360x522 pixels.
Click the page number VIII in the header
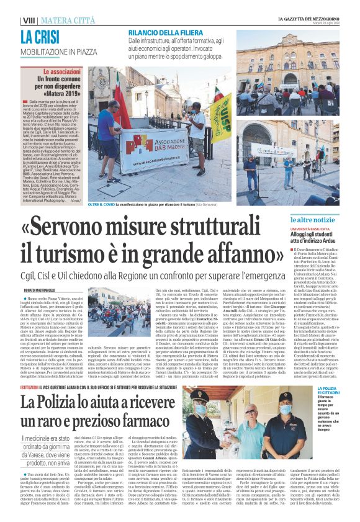coord(27,20)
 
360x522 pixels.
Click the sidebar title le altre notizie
coord(330,220)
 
